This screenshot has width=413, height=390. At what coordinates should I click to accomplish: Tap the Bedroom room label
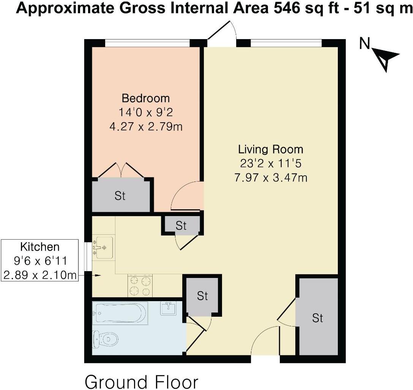coord(145,98)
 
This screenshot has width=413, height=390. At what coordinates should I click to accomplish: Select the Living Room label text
coord(271,148)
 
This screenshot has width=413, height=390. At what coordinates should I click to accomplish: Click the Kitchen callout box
coord(40,261)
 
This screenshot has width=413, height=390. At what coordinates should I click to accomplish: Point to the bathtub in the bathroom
coord(120,313)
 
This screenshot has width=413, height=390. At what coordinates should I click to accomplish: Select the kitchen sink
coord(103,247)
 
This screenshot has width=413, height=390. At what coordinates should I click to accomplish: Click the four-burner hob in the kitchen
coord(140,285)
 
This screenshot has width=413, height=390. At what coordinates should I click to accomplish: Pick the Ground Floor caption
coord(141,381)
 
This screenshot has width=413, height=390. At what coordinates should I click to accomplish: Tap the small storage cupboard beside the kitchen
coord(181,226)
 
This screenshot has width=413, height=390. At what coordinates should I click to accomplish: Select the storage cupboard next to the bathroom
coord(202,296)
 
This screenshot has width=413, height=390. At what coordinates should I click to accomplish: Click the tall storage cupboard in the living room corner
coord(317,317)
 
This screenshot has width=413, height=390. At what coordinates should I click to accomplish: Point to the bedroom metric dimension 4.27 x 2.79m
coord(146,126)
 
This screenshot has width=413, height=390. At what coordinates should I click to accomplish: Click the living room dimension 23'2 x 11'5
coord(271,163)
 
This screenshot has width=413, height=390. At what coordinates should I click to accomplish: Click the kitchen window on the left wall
coord(88,256)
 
